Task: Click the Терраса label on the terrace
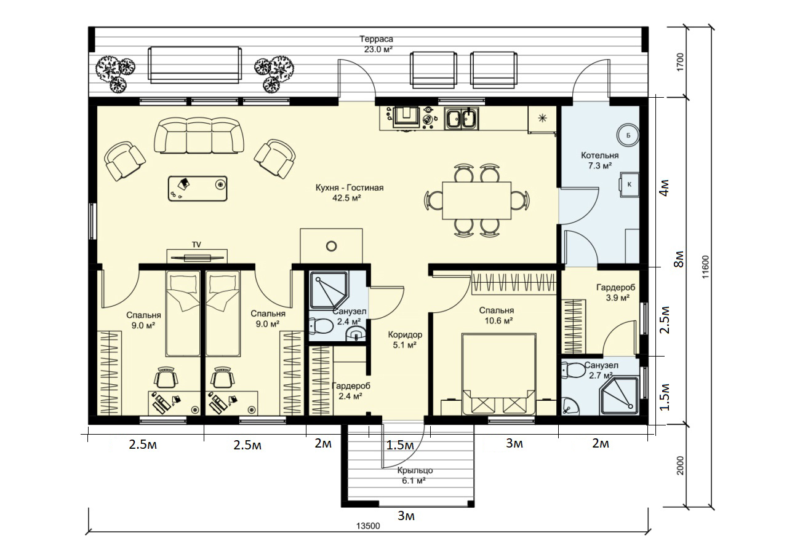376,39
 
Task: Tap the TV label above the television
196,245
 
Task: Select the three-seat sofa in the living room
199,136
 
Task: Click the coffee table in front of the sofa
198,188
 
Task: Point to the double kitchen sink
462,119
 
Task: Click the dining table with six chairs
477,200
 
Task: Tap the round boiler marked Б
628,135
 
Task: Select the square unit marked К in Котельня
630,184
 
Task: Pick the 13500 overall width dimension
368,526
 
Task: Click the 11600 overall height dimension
705,267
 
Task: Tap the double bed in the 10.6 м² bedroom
499,374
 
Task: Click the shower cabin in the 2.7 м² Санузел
620,395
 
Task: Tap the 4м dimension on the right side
665,188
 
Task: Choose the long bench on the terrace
195,65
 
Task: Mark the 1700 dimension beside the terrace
680,62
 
